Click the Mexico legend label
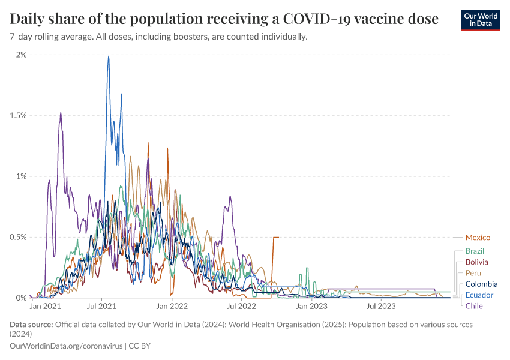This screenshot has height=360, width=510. pos(478,238)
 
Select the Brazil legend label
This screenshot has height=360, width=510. pos(475,251)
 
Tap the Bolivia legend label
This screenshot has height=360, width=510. pos(476,262)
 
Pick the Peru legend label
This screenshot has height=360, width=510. pos(473,273)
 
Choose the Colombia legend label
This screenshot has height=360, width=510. pos(481,284)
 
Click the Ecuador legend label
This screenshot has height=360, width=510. pos(479,295)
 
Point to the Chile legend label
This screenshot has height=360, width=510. pos(474,306)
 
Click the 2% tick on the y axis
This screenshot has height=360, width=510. pos(21,55)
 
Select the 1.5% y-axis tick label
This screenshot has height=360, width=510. pos(18,115)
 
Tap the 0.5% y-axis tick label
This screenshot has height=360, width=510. pos(18,237)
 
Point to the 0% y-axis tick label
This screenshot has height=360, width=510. pos(21,298)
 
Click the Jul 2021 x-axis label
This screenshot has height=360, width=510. pos(101,307)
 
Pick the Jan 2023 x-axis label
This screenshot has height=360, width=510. pos(311,307)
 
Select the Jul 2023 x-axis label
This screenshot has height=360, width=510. pos(381,307)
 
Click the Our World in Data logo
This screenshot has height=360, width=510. pos(481,20)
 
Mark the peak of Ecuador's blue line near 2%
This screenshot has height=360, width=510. pos(109,56)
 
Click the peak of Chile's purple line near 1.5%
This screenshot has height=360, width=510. pos(61,113)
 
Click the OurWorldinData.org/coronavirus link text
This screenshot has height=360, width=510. pos(66,346)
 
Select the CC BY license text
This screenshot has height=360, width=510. pos(140,346)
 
